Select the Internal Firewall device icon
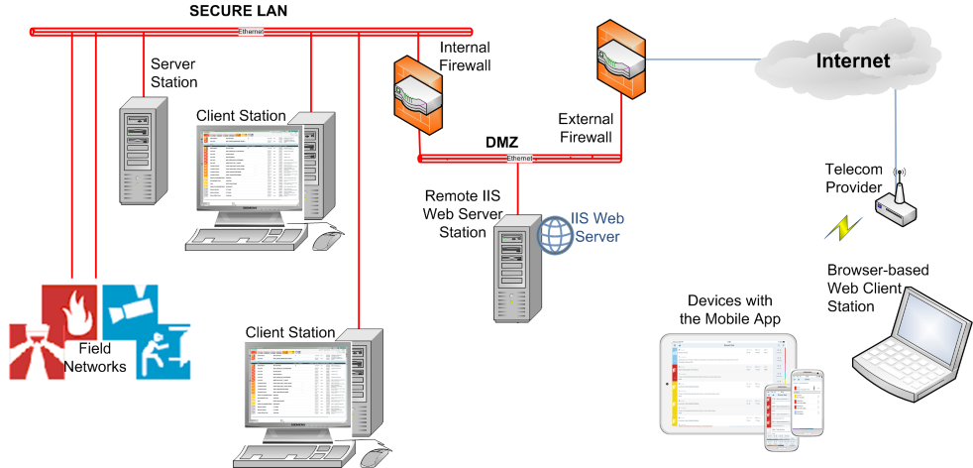coord(416,94)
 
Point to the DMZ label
coord(501,142)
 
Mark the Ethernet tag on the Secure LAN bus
coord(252,32)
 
